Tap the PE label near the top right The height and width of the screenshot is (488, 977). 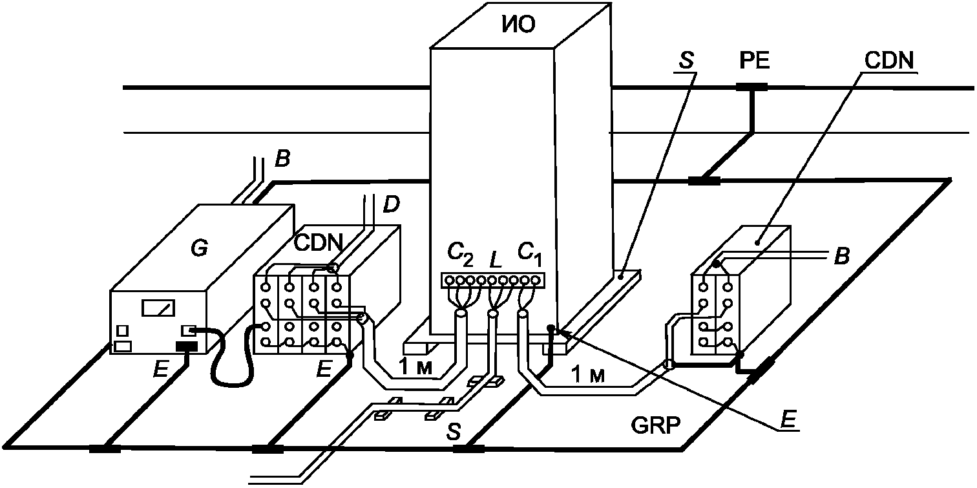(x=755, y=61)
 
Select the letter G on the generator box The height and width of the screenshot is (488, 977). (x=199, y=249)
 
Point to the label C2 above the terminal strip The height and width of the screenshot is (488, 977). (x=459, y=255)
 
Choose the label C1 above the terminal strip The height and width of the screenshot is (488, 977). (x=530, y=254)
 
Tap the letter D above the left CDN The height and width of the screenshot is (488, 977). (x=391, y=204)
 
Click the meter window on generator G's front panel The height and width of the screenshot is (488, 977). (x=158, y=308)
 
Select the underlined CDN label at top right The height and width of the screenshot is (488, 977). (x=889, y=61)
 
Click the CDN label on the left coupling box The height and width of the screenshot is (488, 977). (x=319, y=242)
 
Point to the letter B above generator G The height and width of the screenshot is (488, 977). (x=282, y=159)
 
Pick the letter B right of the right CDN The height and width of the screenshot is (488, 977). (x=842, y=257)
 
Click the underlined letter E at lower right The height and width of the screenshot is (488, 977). (x=788, y=419)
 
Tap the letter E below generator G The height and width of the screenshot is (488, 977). (x=160, y=369)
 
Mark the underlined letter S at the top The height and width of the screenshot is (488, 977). (x=686, y=61)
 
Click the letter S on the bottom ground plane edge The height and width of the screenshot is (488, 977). (x=454, y=432)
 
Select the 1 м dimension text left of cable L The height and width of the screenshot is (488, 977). (x=415, y=368)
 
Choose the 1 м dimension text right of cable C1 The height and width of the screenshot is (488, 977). (x=588, y=375)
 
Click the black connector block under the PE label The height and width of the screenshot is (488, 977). (x=751, y=87)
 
